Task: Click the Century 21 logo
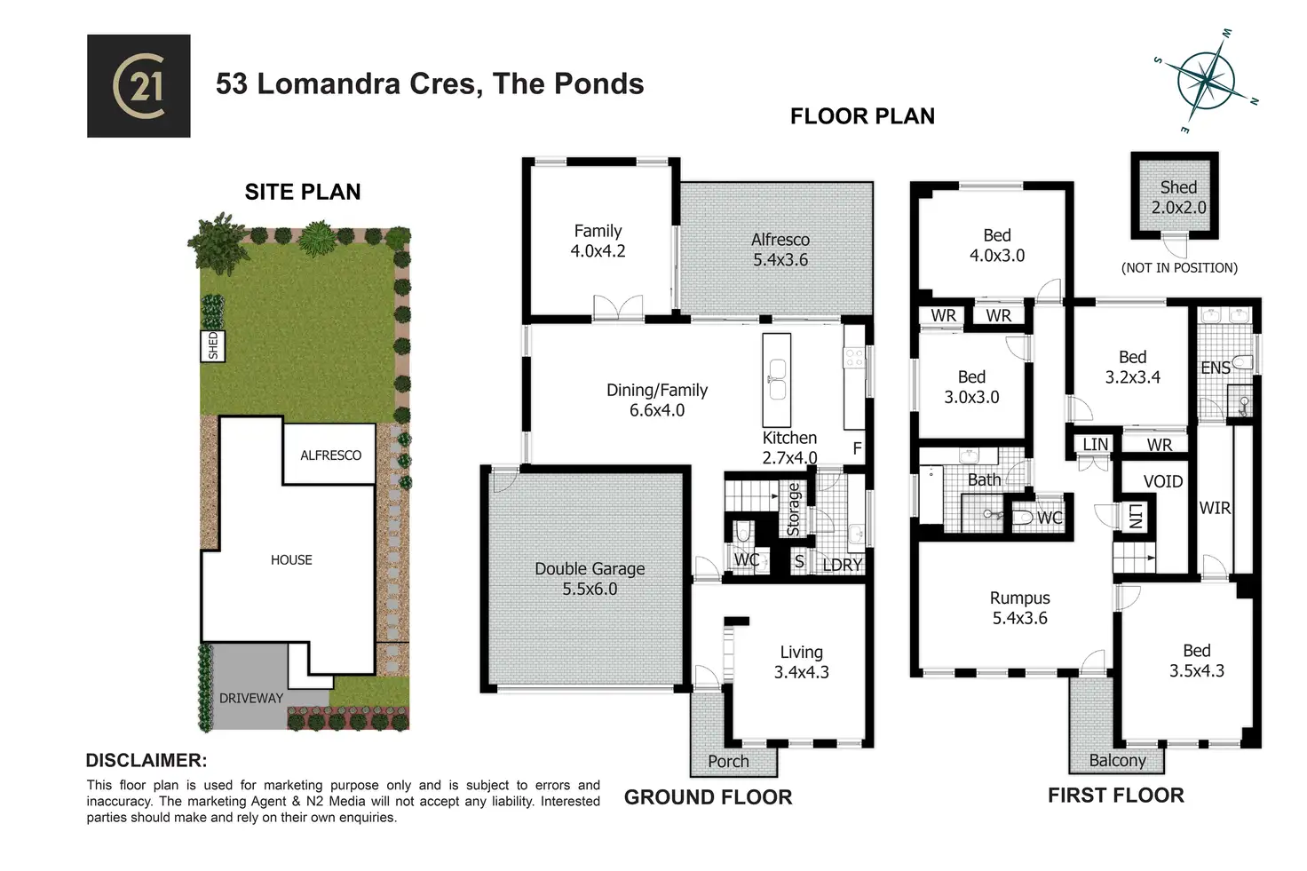[x=139, y=86]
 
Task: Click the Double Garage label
[x=590, y=578]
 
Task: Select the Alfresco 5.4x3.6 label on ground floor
[x=780, y=249]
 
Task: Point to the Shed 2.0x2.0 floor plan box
[x=1175, y=196]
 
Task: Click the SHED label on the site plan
[x=213, y=345]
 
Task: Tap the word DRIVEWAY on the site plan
[x=251, y=698]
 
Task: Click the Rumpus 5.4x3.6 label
[x=1020, y=607]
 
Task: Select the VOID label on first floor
[x=1162, y=481]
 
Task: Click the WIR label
[x=1215, y=508]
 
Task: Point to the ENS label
[x=1216, y=368]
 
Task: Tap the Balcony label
[x=1117, y=760]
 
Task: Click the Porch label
[x=728, y=761]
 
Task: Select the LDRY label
[x=842, y=565]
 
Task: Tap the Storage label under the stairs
[x=793, y=510]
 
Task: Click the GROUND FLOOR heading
[x=708, y=797]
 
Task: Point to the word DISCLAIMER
[x=146, y=760]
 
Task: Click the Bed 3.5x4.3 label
[x=1196, y=661]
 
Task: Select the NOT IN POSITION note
[x=1179, y=267]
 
